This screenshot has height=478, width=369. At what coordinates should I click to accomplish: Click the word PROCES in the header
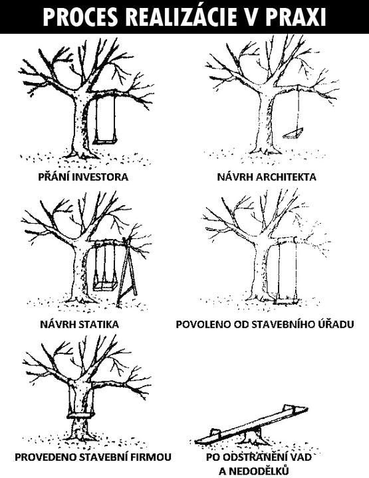click(x=80, y=17)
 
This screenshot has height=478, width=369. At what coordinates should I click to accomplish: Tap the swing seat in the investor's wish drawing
click(x=105, y=141)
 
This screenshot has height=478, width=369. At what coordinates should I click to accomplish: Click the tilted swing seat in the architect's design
click(x=293, y=133)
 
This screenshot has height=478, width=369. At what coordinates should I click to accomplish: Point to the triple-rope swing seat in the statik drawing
click(x=105, y=286)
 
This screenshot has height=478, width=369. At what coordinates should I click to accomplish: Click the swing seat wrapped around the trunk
click(x=80, y=415)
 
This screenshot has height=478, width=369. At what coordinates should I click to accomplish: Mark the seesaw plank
click(x=251, y=425)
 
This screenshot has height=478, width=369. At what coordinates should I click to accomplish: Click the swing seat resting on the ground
click(x=287, y=303)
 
